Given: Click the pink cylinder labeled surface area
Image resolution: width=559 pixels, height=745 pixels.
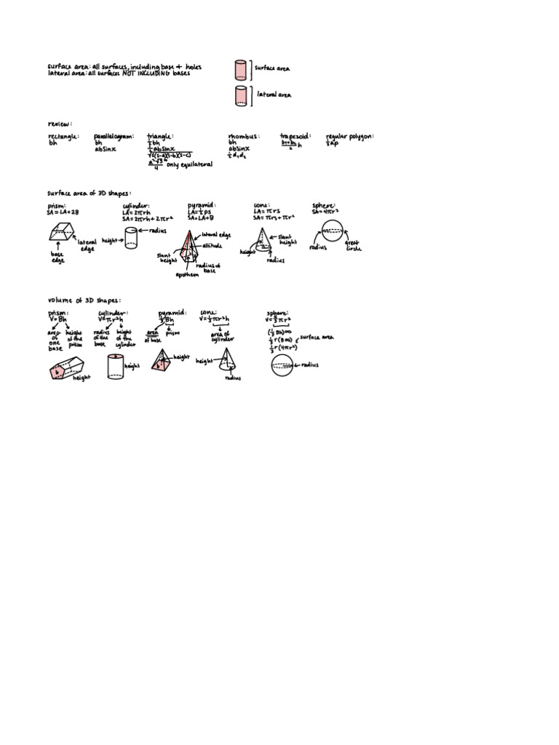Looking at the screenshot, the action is point(241,69).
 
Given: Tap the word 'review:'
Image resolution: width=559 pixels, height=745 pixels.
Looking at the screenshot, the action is point(60,124).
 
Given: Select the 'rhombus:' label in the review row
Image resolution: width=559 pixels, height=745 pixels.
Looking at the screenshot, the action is point(242,136).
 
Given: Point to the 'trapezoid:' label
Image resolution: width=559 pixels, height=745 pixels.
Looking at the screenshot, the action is point(296,136).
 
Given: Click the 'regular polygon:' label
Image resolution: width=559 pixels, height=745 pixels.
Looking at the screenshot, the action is point(350,136).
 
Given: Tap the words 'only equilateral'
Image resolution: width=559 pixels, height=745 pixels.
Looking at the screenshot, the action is point(190,165).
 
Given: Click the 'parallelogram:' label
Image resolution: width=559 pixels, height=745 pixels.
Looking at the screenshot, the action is point(114,136).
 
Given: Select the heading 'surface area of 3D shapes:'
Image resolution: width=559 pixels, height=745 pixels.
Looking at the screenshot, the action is point(90,194).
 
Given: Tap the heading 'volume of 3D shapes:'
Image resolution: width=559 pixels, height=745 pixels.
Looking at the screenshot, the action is point(84,300).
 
